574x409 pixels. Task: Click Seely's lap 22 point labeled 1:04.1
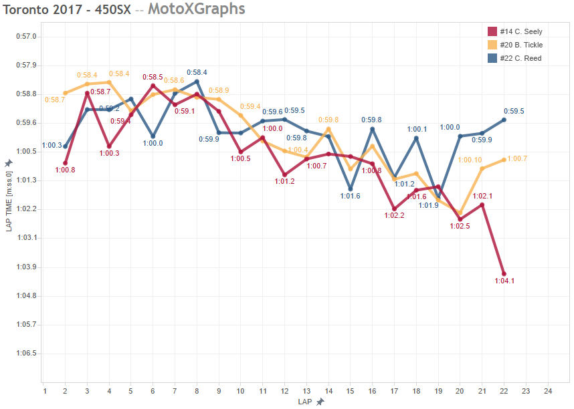504,274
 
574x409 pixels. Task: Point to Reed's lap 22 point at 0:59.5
504,120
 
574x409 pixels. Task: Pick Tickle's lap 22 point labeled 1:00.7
504,160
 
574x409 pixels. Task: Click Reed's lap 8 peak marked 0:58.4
197,82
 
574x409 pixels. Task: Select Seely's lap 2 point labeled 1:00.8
66,162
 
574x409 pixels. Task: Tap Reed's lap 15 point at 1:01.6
350,189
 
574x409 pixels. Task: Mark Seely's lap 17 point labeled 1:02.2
394,209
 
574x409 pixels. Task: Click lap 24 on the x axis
548,391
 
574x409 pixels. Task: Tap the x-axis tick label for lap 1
44,391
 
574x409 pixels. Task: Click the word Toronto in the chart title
29,9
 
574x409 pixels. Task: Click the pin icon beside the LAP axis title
320,402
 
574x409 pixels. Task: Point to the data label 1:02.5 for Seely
460,226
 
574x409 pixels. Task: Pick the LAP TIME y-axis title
9,200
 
